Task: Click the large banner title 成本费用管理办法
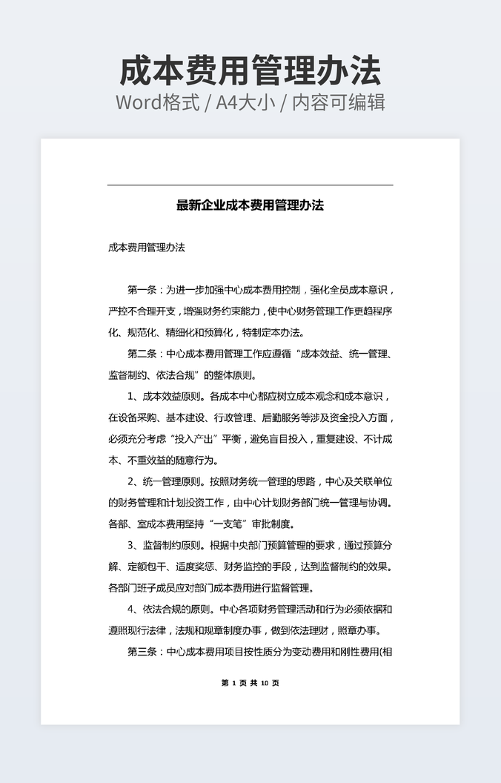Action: point(250,70)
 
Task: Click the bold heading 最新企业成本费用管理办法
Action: point(250,205)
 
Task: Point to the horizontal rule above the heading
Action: point(250,185)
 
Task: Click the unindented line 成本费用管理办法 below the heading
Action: point(146,248)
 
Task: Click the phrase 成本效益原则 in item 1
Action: point(174,397)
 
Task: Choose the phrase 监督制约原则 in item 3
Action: point(174,546)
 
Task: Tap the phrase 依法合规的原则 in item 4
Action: point(179,610)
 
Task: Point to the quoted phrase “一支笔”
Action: point(222,525)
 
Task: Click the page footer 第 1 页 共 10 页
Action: point(250,683)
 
